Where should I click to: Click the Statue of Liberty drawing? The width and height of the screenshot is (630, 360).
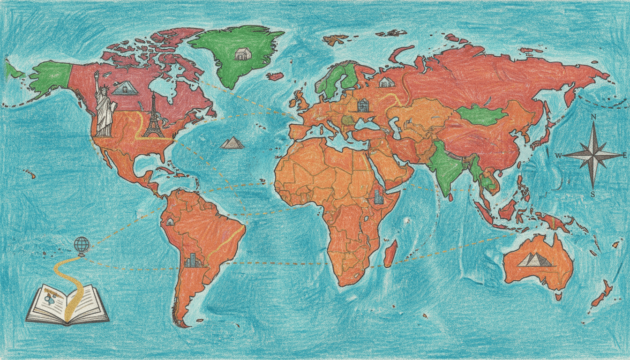[104, 105]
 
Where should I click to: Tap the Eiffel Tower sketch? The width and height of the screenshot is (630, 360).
[153, 117]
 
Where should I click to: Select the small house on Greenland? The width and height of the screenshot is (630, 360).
[242, 54]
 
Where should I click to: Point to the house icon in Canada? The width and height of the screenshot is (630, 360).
[125, 88]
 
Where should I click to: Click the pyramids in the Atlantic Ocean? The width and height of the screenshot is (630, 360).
[232, 142]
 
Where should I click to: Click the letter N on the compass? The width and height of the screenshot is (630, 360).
[593, 117]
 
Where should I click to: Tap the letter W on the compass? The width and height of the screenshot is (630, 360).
[558, 156]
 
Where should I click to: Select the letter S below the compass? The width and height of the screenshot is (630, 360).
[592, 194]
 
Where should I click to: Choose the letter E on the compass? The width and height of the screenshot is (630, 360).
[625, 155]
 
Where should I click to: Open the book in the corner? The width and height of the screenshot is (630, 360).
[67, 305]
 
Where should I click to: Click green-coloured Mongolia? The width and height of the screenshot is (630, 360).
[481, 114]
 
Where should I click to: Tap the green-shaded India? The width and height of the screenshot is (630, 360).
[443, 166]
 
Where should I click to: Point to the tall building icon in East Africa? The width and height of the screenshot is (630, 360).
[378, 196]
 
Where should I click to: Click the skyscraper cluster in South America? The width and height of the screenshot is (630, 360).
[192, 261]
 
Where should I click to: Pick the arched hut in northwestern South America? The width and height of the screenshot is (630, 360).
[169, 221]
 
